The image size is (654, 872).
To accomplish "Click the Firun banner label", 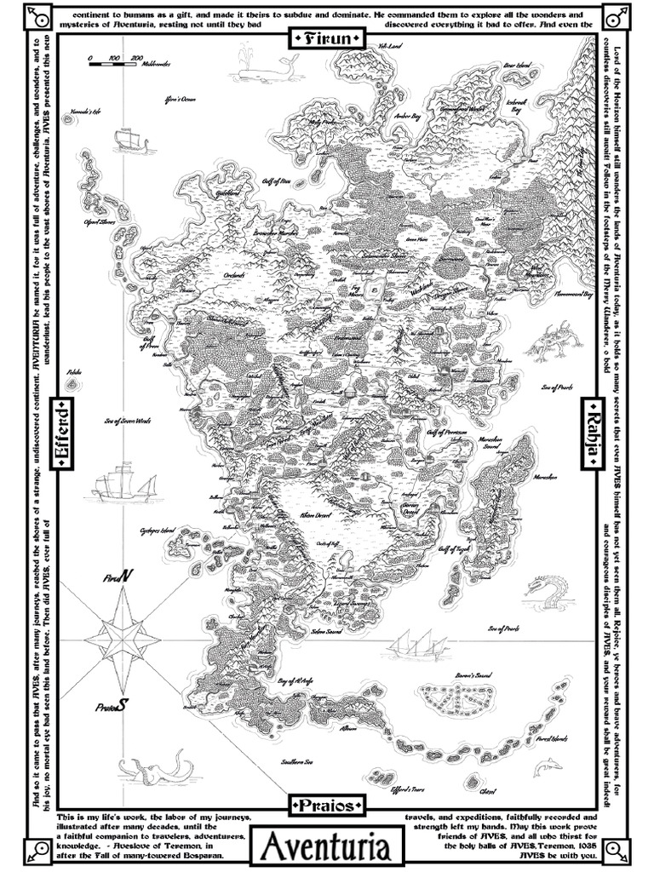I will pos(327,37).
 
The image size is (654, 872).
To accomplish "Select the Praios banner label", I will pos(327,804).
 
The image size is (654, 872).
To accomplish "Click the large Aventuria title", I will pos(327,847).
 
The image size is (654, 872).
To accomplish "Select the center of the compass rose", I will pos(123,636).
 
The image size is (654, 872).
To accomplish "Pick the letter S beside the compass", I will pos(123,705).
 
